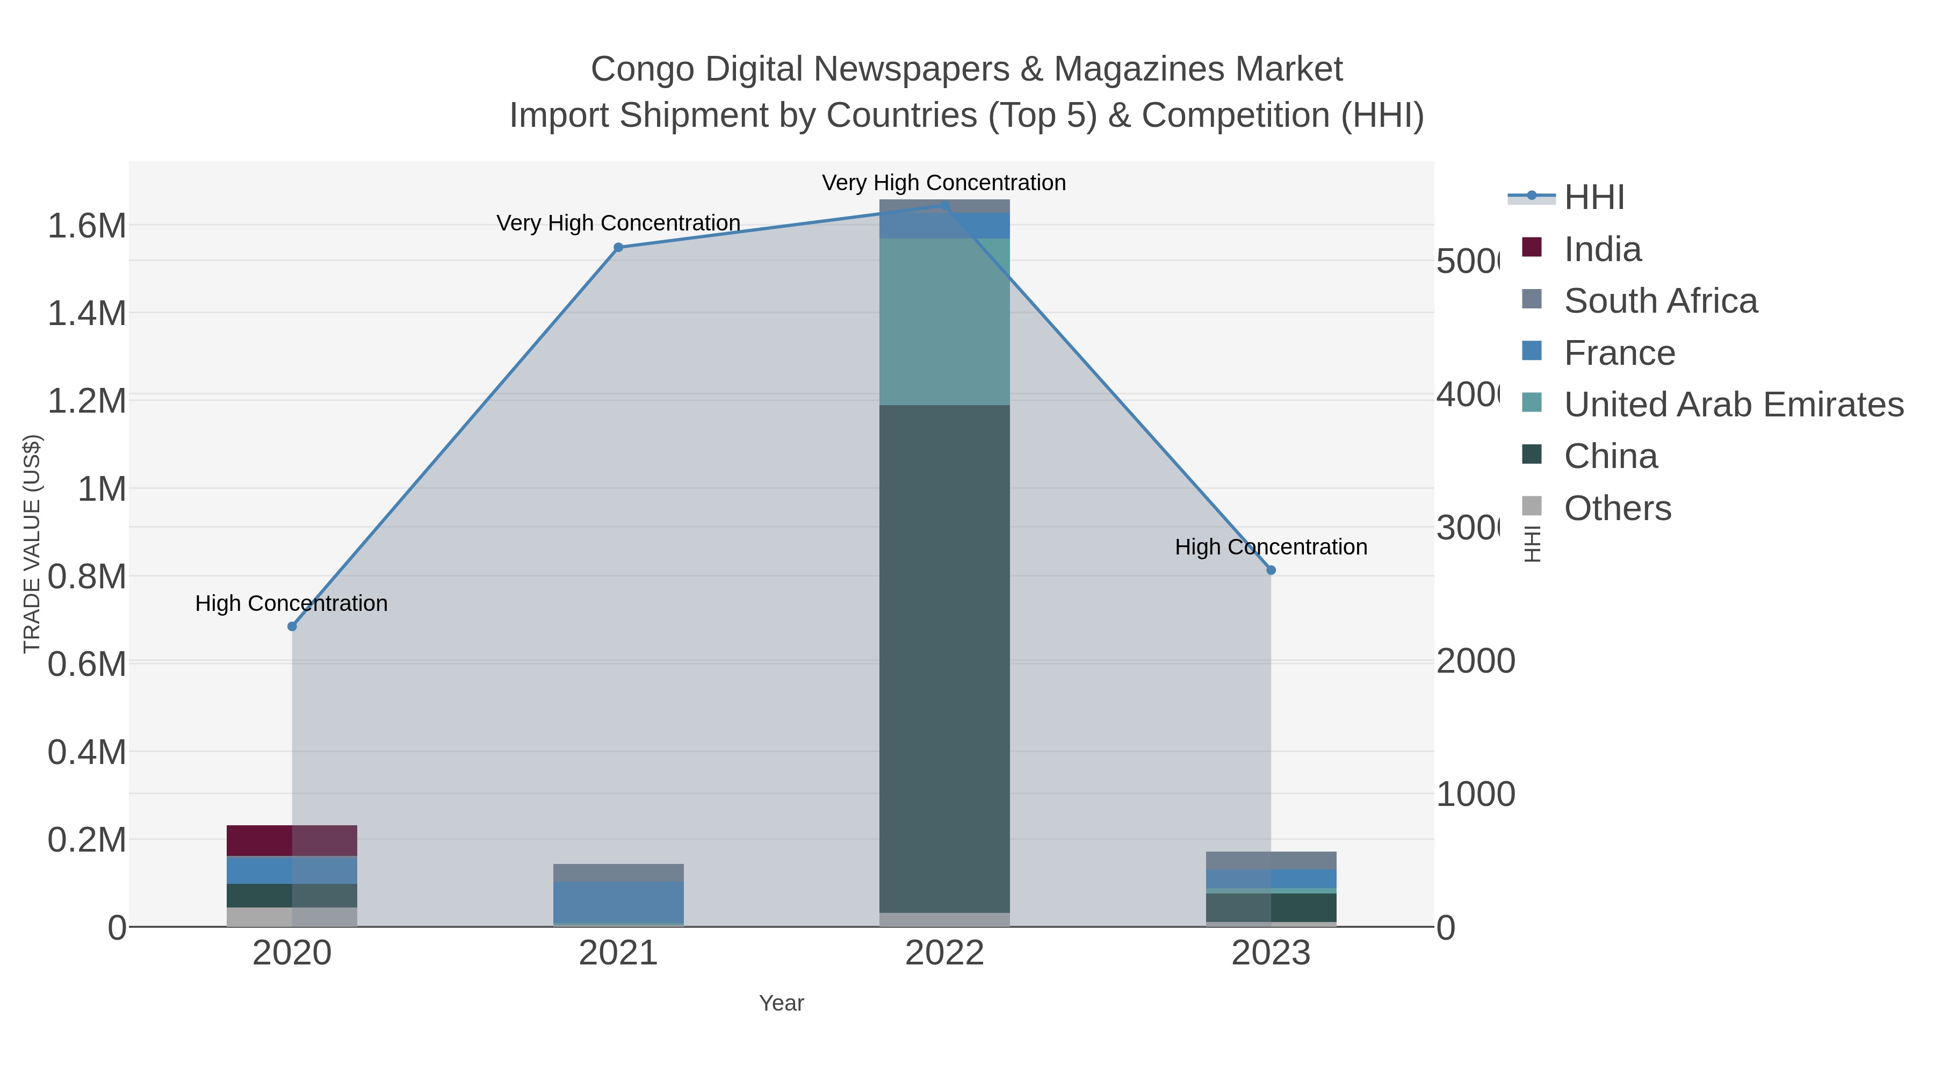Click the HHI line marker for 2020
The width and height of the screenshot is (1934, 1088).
[292, 626]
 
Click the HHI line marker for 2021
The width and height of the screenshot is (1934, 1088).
[618, 247]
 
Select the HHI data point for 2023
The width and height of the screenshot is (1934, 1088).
[1271, 570]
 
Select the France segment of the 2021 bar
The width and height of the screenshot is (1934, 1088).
[618, 902]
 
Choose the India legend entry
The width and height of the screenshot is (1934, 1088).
[1602, 249]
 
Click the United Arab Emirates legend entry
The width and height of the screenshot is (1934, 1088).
[1733, 405]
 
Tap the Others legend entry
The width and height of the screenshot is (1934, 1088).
[1617, 508]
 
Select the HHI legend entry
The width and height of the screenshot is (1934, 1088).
[1593, 198]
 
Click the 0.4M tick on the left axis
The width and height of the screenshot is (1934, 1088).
[86, 752]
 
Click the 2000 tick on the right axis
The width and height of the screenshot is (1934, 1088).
[1475, 661]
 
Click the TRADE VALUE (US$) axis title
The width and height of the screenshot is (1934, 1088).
[32, 544]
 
